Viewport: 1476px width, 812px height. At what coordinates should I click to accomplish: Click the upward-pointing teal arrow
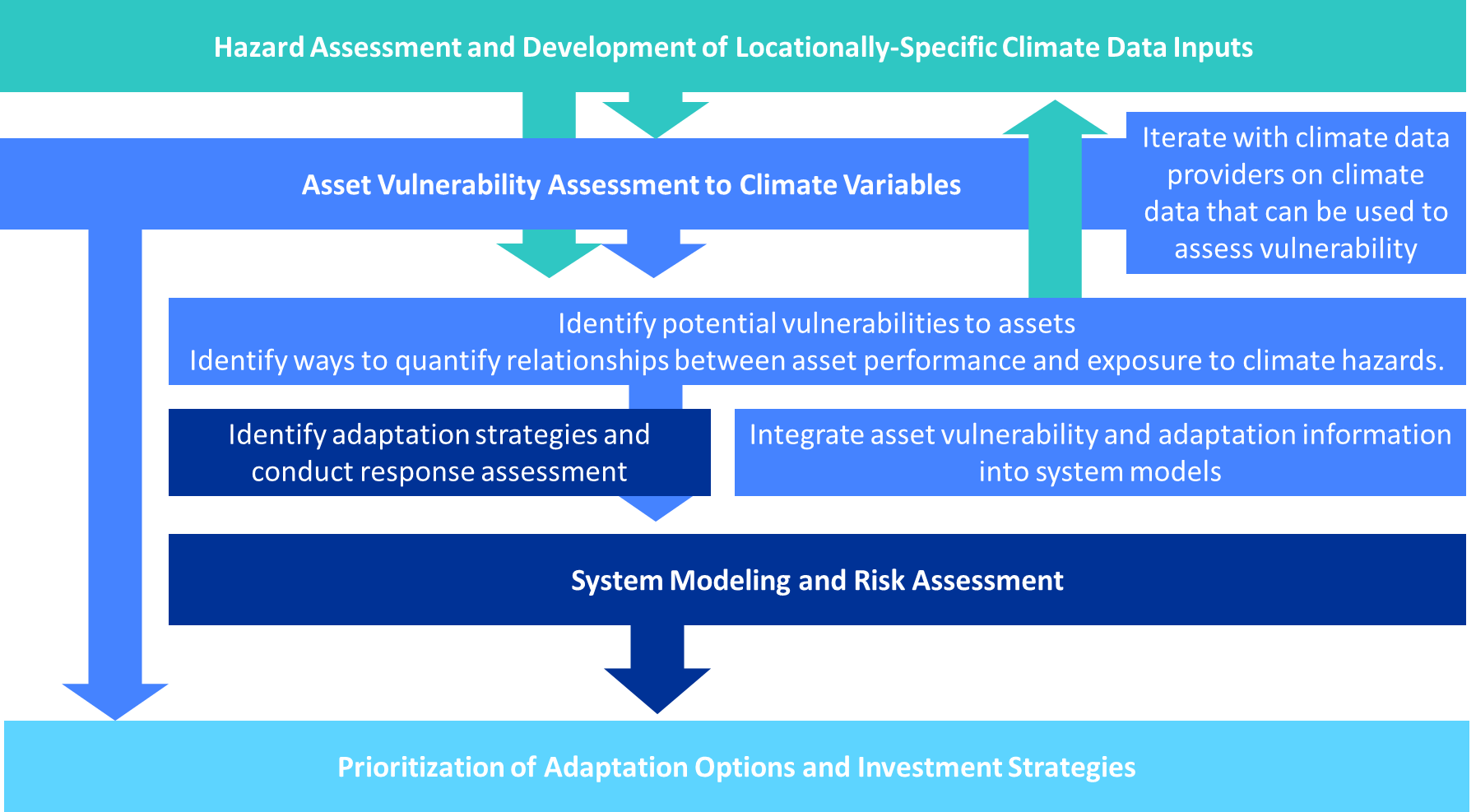click(1055, 197)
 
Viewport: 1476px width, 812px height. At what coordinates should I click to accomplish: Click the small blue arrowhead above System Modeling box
click(656, 508)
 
